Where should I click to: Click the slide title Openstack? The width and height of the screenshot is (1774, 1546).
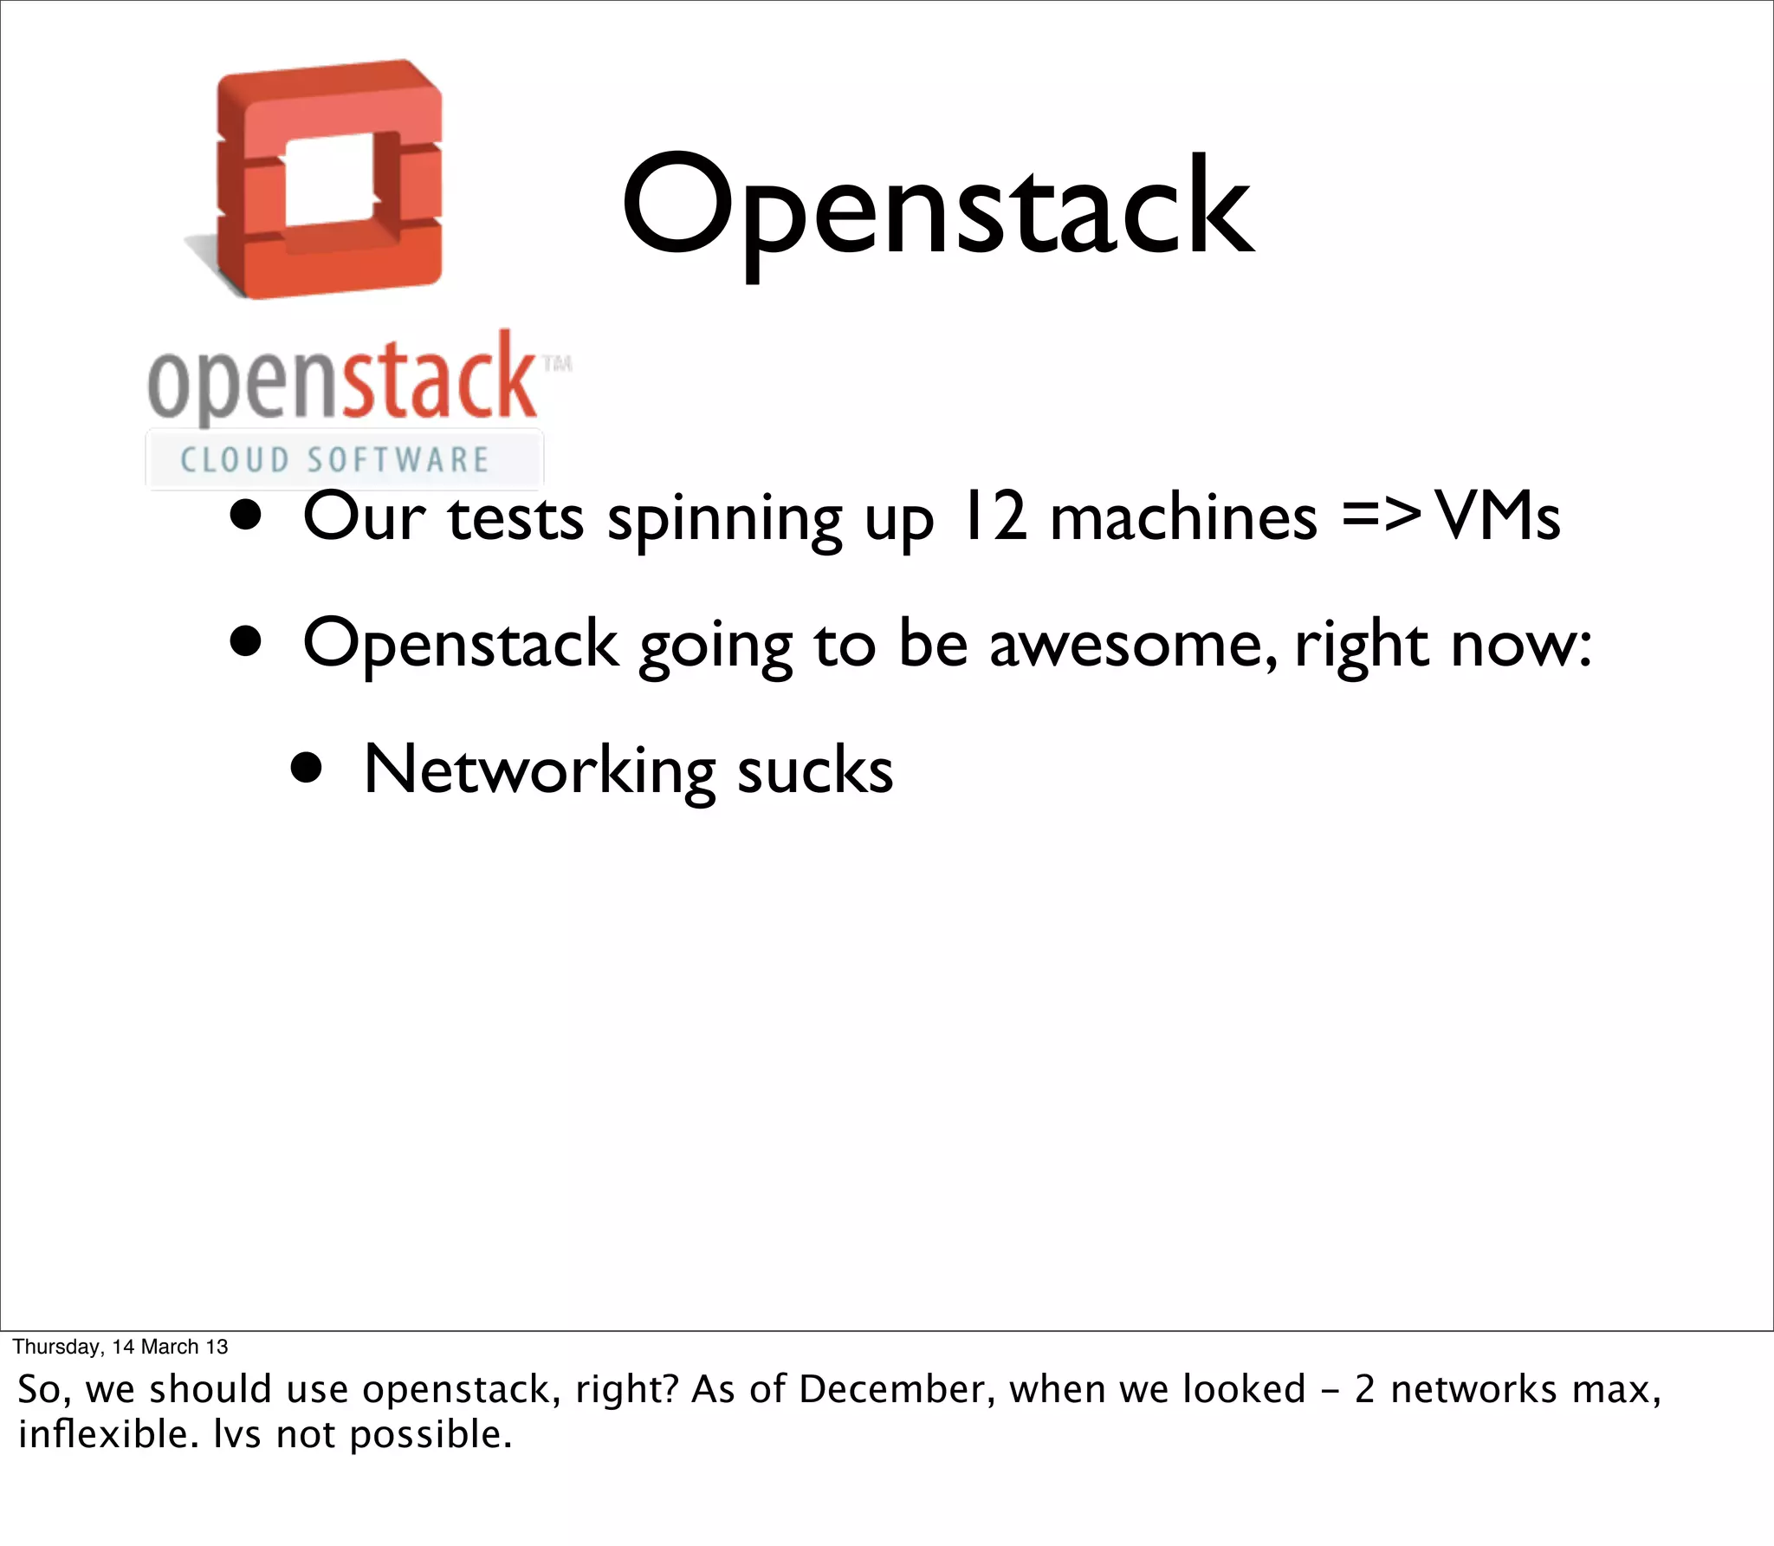coord(937,208)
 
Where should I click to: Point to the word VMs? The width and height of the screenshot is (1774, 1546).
coord(1498,518)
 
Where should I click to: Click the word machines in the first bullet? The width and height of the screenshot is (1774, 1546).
coord(1183,518)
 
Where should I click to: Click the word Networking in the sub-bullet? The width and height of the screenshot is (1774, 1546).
coord(539,770)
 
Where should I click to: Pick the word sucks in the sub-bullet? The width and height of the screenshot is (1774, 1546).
coord(814,772)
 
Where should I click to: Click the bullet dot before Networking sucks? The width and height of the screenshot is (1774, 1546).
coord(307,768)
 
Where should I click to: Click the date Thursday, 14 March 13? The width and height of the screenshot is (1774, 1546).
coord(120,1346)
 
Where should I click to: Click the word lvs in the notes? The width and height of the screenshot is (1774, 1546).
coord(237,1434)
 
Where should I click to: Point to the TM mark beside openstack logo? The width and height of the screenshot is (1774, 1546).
coord(557,363)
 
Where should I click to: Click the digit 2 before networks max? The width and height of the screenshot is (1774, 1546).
coord(1364,1389)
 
